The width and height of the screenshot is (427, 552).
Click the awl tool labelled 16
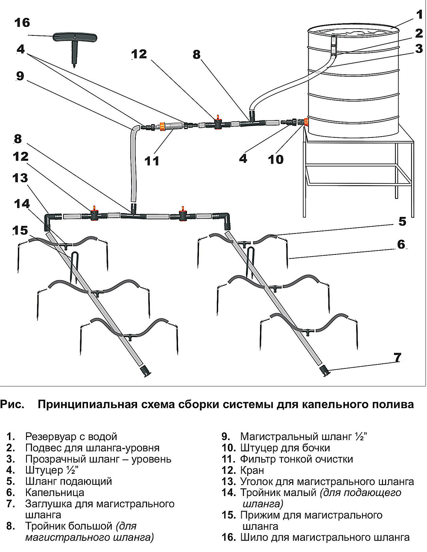pos(73,43)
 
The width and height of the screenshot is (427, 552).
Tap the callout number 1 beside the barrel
pos(419,15)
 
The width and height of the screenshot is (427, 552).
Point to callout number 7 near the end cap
pos(397,357)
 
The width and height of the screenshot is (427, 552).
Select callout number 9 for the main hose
pos(20,76)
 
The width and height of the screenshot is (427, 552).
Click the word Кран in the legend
pos(252,470)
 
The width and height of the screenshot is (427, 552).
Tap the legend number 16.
pos(228,537)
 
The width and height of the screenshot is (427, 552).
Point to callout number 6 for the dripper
pos(401,244)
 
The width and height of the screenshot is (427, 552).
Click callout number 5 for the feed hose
pos(402,222)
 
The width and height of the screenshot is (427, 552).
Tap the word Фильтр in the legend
pos(258,459)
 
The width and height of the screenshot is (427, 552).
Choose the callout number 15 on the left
pos(20,231)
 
